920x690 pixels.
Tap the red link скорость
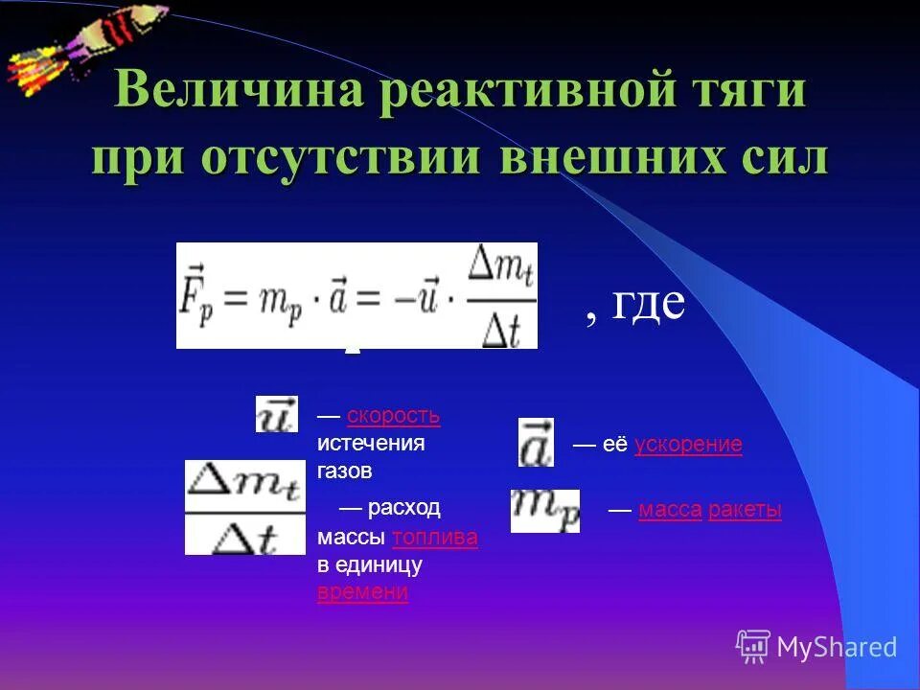(394, 416)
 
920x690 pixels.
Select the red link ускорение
(688, 445)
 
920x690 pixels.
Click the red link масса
(670, 511)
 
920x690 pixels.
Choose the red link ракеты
(745, 511)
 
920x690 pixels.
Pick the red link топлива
(435, 538)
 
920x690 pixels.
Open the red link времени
(362, 592)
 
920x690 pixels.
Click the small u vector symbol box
(277, 415)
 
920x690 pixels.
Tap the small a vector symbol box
(536, 443)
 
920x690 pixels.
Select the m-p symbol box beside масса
(544, 510)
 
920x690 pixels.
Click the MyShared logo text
(836, 648)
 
